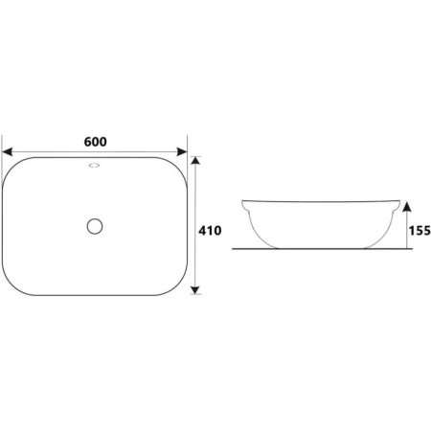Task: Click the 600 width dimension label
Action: click(x=96, y=142)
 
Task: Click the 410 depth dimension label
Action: click(x=210, y=231)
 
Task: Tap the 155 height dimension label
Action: click(x=420, y=231)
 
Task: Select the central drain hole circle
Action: click(x=95, y=226)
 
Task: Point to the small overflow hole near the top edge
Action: click(x=94, y=165)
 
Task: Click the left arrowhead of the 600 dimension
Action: click(x=7, y=152)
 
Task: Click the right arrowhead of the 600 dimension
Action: click(x=182, y=152)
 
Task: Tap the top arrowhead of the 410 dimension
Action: click(x=195, y=160)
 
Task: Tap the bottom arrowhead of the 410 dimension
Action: click(x=195, y=290)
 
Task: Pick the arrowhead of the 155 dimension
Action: click(x=406, y=207)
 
